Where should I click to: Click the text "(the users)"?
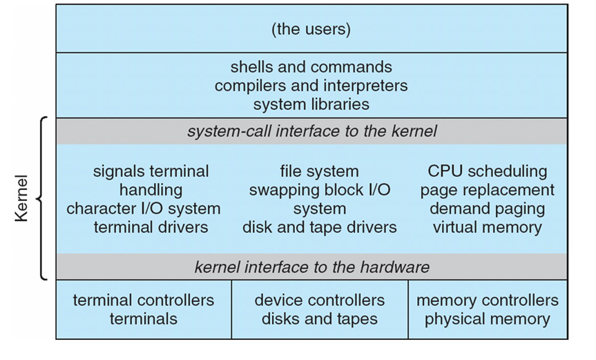pyautogui.click(x=311, y=30)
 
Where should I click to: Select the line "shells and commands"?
pyautogui.click(x=311, y=68)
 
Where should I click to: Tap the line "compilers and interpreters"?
pyautogui.click(x=311, y=86)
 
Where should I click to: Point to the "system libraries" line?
pyautogui.click(x=311, y=105)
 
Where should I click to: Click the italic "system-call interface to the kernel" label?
pyautogui.click(x=312, y=131)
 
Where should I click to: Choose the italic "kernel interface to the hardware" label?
pyautogui.click(x=312, y=267)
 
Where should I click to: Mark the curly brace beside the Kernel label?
pyautogui.click(x=40, y=199)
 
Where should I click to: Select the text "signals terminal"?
pyautogui.click(x=151, y=171)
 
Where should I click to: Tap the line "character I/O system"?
pyautogui.click(x=144, y=209)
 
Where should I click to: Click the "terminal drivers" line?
pyautogui.click(x=151, y=227)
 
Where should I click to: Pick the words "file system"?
pyautogui.click(x=319, y=171)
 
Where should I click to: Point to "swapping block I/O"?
pyautogui.click(x=319, y=189)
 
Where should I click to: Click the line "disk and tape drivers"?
pyautogui.click(x=320, y=227)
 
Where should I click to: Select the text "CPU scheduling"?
pyautogui.click(x=488, y=171)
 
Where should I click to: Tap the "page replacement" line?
pyautogui.click(x=488, y=189)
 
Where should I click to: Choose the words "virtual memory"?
pyautogui.click(x=488, y=227)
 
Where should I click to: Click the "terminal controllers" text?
pyautogui.click(x=144, y=301)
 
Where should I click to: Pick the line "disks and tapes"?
pyautogui.click(x=320, y=319)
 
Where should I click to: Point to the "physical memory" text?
pyautogui.click(x=488, y=319)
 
